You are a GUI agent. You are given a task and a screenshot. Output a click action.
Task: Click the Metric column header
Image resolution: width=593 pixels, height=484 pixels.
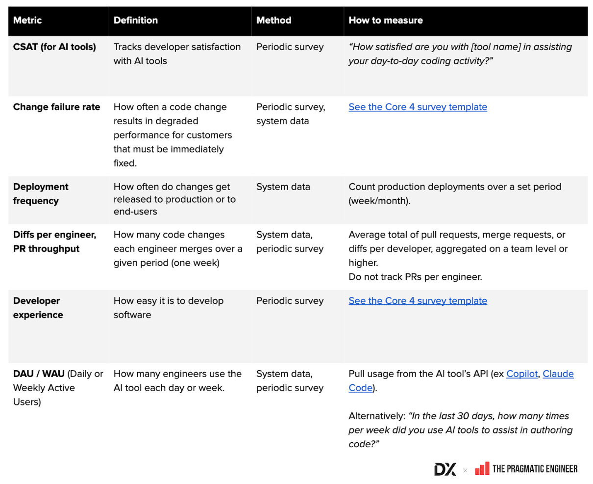[27, 20]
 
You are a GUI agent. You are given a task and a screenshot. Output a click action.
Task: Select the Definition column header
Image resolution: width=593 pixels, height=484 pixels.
[136, 20]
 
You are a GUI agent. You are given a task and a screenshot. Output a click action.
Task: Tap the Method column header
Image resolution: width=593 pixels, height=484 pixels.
[273, 20]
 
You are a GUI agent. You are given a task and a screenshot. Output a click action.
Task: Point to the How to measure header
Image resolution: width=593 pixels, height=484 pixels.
[385, 20]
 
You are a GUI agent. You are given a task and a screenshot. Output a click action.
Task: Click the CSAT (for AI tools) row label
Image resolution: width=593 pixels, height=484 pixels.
[54, 47]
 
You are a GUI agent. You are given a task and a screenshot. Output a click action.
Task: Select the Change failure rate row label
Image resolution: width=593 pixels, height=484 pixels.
[56, 107]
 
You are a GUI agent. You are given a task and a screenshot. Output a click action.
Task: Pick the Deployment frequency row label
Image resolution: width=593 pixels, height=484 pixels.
[41, 193]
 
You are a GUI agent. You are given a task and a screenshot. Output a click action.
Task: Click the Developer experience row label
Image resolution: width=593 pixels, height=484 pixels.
[38, 308]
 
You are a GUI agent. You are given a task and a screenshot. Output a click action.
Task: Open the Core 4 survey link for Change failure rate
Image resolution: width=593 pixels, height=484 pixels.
[418, 107]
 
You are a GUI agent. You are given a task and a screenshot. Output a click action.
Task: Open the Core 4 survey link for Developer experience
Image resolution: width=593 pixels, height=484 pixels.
[418, 301]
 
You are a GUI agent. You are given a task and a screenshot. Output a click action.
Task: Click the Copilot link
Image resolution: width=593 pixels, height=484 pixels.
[522, 374]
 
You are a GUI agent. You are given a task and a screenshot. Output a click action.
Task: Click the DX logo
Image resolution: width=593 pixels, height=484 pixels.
[445, 469]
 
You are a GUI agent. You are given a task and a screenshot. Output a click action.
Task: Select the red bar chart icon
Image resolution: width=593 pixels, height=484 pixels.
[482, 469]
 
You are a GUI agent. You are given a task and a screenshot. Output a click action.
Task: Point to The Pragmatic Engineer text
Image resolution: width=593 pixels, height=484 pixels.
[535, 469]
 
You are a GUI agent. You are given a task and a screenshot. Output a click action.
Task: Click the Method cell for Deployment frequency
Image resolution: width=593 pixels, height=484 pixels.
[283, 187]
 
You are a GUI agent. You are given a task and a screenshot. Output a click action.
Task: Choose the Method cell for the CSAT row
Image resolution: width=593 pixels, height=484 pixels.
[290, 47]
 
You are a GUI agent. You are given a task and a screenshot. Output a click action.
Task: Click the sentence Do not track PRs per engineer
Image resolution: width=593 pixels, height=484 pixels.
[415, 277]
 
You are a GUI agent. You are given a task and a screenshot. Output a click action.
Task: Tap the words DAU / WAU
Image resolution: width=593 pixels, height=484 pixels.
[39, 374]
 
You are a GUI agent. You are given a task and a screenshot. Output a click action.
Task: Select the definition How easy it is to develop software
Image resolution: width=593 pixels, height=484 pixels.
[168, 308]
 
